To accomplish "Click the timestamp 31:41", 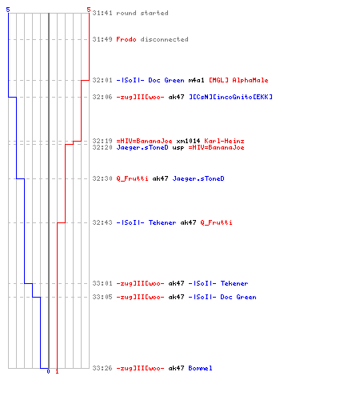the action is (x=102, y=13).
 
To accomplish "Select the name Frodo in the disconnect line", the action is (x=126, y=39).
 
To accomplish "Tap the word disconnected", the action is (x=165, y=39).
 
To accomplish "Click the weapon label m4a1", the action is (x=197, y=80).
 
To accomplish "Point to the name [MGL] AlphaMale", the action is (x=238, y=80).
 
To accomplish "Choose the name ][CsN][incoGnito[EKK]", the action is (x=230, y=97).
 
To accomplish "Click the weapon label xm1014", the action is (x=188, y=141).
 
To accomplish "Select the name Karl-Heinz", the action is (x=224, y=141).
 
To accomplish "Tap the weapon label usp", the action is (x=178, y=147).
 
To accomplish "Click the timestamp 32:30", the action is (x=102, y=178).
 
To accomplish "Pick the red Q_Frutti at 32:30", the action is (x=132, y=178).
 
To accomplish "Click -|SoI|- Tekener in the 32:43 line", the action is (x=146, y=222).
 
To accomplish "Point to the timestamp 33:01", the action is (x=102, y=283).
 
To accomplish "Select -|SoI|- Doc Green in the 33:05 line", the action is (x=222, y=297).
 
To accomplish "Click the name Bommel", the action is (x=200, y=368).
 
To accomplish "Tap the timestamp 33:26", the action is (x=102, y=368).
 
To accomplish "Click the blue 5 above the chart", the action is (x=8, y=10).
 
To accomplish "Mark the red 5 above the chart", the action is (x=89, y=10).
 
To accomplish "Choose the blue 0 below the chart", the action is (x=48, y=371).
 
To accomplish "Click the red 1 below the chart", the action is (x=57, y=371).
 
